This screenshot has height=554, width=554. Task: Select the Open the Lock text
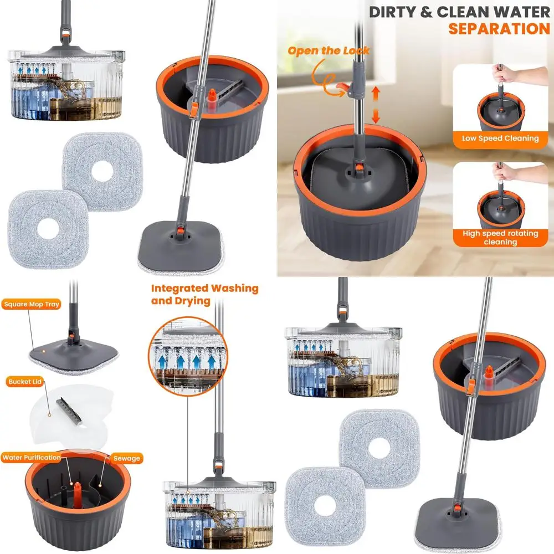pyautogui.click(x=329, y=51)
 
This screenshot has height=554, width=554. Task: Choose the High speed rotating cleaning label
pyautogui.click(x=500, y=238)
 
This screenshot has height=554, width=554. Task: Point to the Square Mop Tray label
pyautogui.click(x=32, y=304)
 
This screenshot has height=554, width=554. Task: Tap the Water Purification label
pyautogui.click(x=32, y=458)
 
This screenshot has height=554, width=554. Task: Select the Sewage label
pyautogui.click(x=127, y=458)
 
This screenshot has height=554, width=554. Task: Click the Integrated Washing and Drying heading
pyautogui.click(x=204, y=295)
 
